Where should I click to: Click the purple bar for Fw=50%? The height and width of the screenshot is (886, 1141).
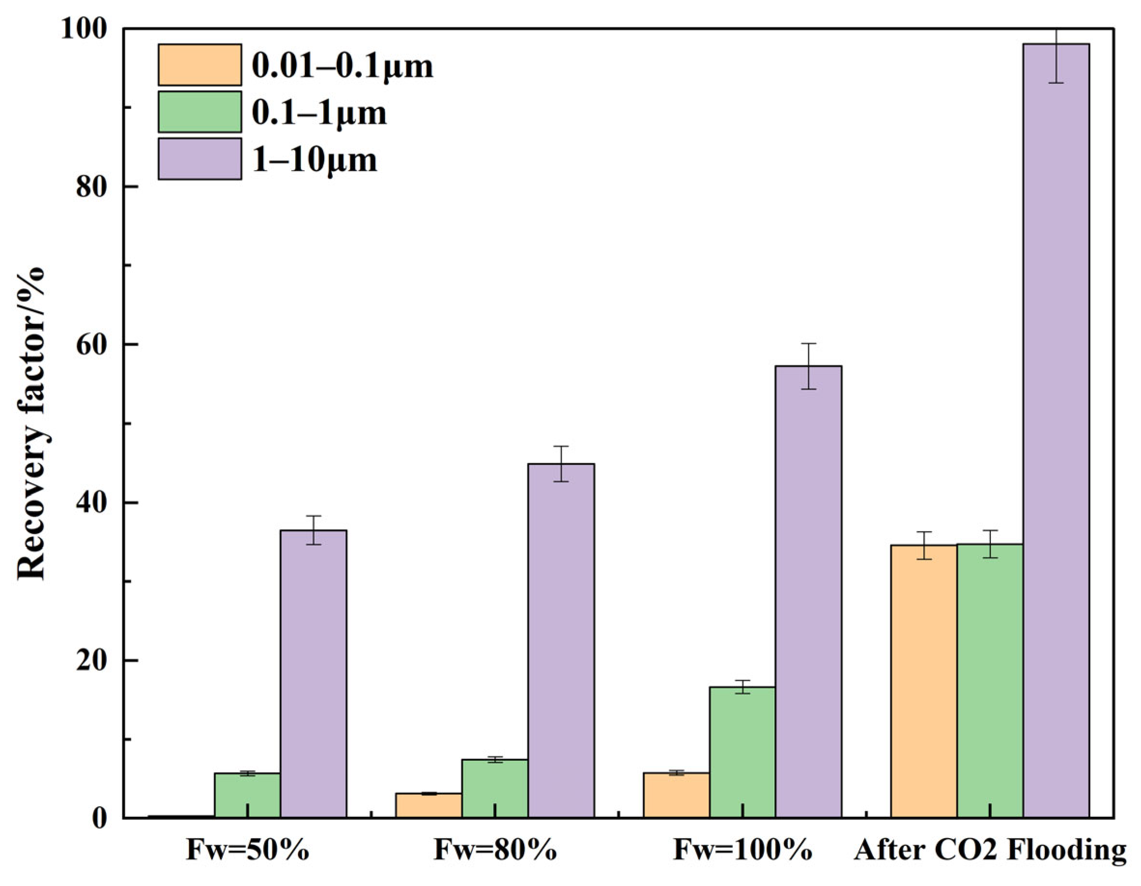[x=314, y=674]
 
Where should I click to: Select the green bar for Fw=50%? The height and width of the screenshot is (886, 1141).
[x=248, y=795]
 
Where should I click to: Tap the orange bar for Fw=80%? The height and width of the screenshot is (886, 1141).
[x=429, y=805]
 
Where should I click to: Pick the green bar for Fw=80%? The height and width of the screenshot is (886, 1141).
[x=495, y=788]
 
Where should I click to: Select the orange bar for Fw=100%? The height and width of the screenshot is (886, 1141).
[x=677, y=795]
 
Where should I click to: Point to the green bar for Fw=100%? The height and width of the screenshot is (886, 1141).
[x=743, y=752]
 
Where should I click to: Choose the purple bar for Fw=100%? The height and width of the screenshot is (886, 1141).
[x=809, y=592]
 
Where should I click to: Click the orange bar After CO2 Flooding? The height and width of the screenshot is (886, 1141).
[x=924, y=682]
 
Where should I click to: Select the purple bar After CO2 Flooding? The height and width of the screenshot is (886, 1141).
[x=1056, y=431]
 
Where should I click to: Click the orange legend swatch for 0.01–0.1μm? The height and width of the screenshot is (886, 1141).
[x=200, y=65]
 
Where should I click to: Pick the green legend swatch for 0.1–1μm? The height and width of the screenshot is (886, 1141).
[x=200, y=112]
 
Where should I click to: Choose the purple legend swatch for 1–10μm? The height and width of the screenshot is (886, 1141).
[x=200, y=159]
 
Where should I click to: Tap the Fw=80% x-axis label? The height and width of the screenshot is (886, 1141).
[x=495, y=850]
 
